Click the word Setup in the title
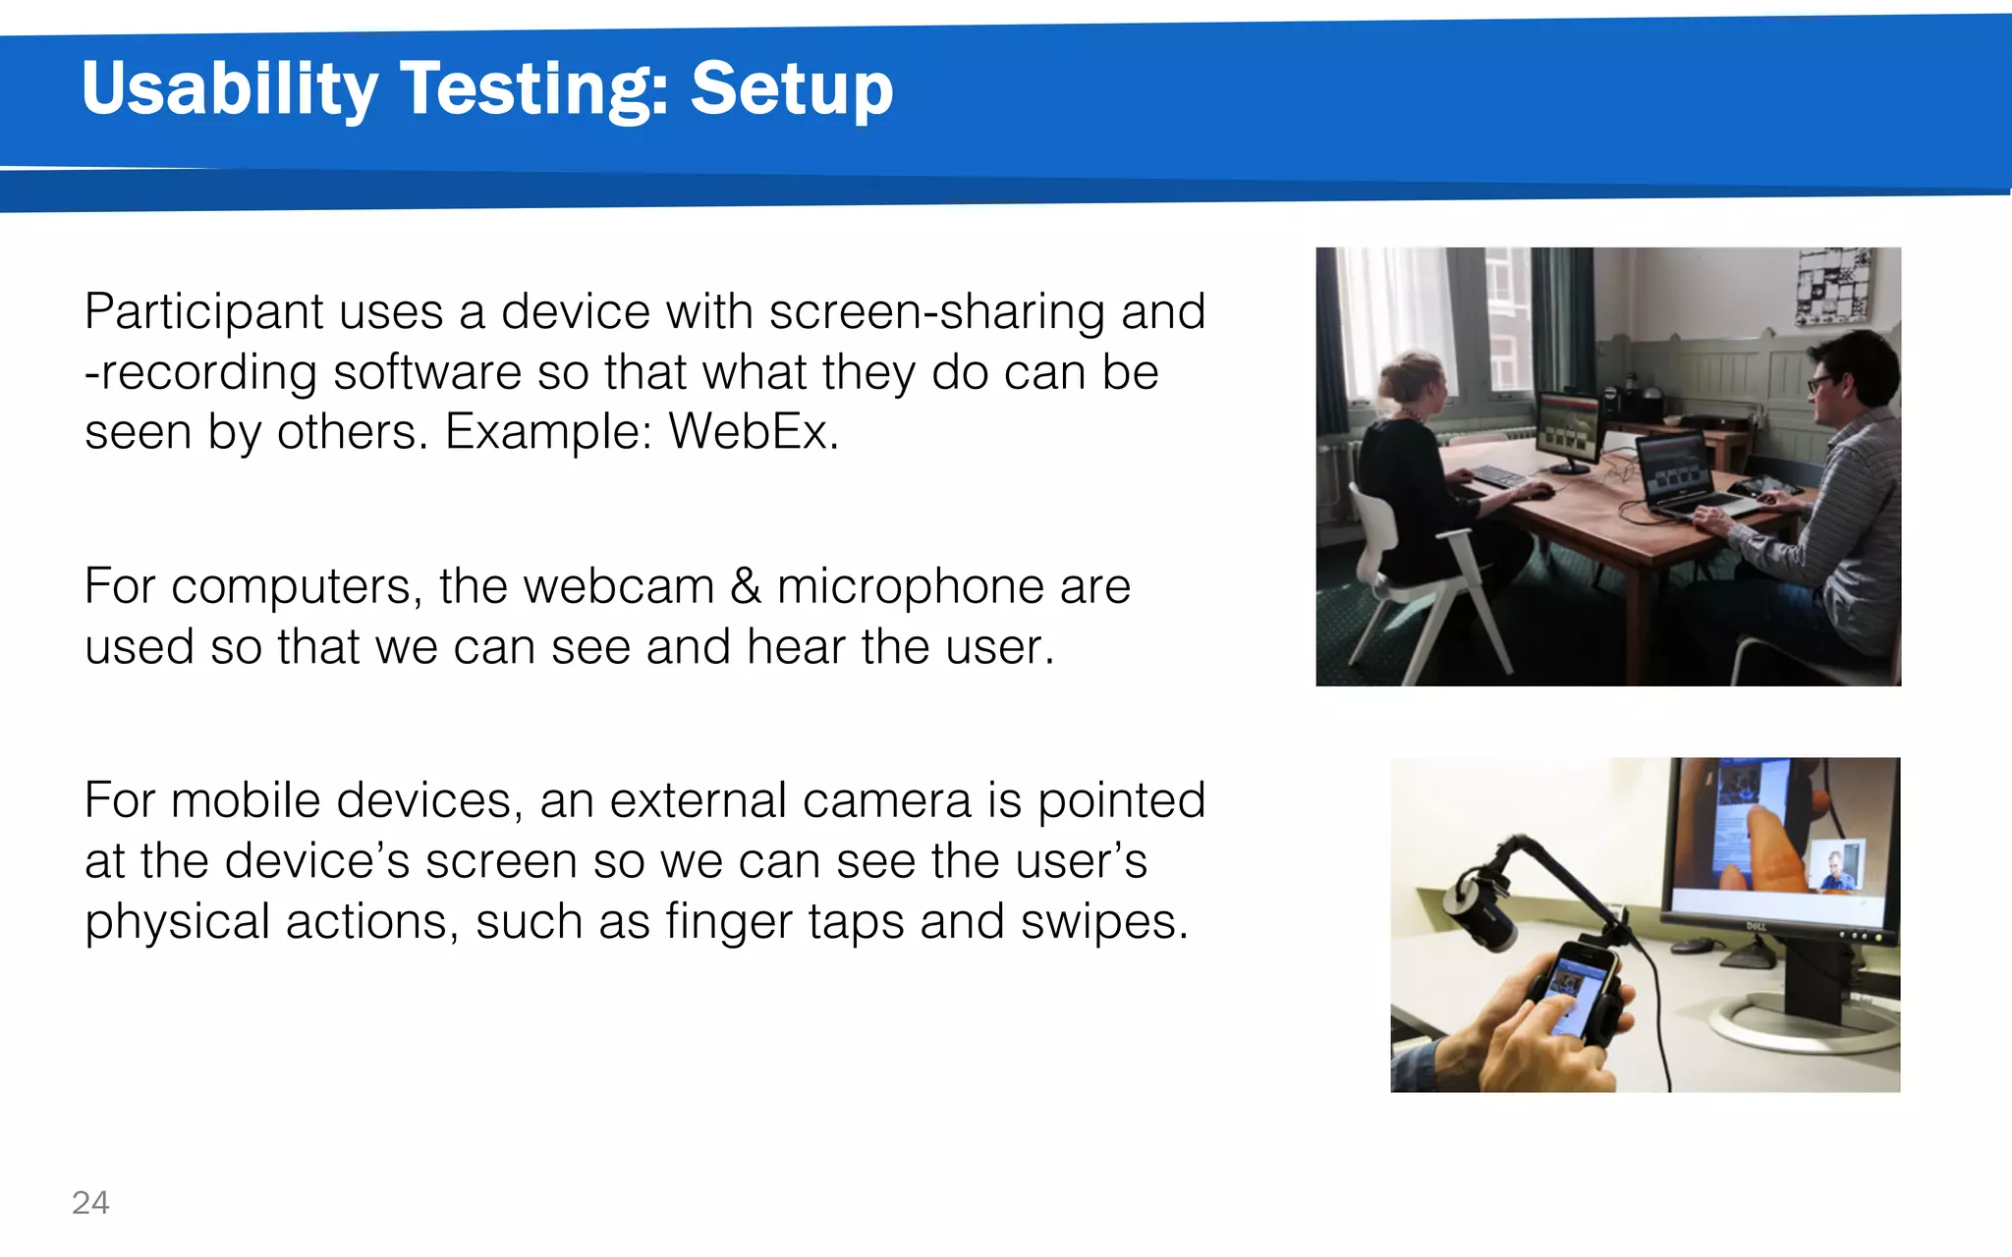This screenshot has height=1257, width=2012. (792, 89)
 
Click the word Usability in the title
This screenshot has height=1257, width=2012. (229, 89)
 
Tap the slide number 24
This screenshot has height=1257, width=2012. (90, 1202)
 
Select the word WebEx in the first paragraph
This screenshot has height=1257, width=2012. (752, 432)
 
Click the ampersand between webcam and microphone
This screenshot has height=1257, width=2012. (745, 586)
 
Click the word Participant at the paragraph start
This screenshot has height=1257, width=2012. (203, 312)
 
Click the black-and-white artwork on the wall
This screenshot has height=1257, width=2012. (1833, 285)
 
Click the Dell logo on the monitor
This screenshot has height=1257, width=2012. (1756, 925)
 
